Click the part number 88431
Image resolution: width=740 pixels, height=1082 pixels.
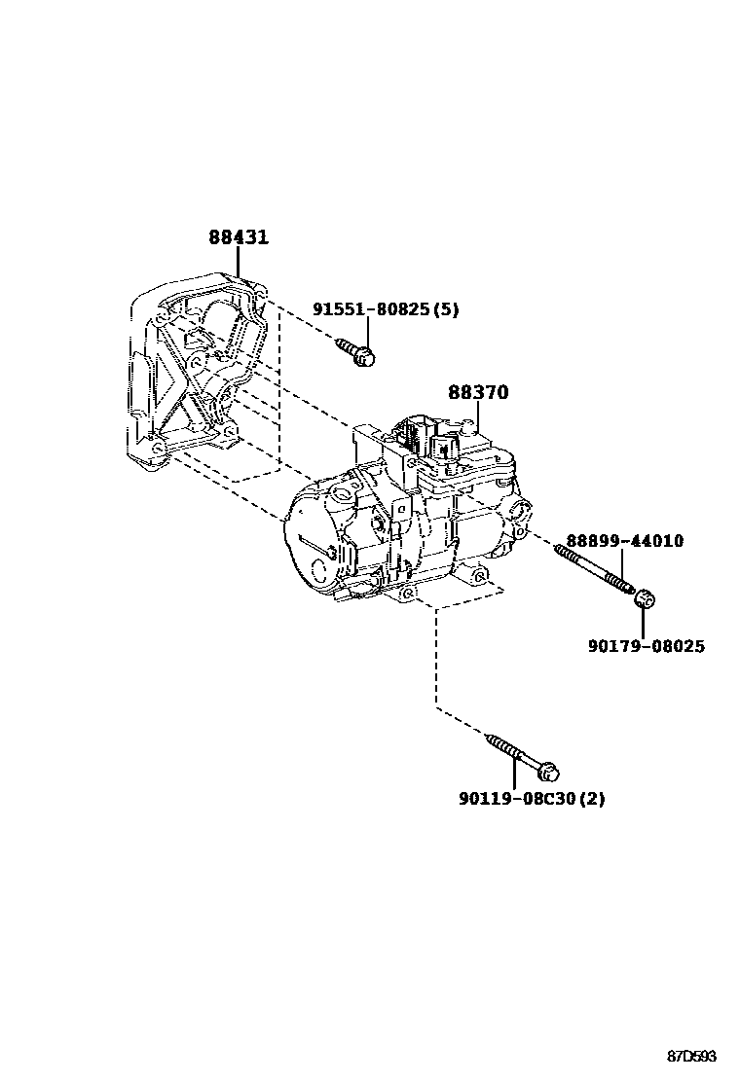239,237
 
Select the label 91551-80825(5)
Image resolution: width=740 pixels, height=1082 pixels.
386,309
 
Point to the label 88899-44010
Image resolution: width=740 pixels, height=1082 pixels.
625,541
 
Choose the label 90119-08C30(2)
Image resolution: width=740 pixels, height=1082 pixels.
532,800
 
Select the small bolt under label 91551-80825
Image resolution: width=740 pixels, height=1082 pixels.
356,352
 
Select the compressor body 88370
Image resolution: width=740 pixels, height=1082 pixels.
409,516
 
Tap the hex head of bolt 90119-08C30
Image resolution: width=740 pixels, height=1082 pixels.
548,773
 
